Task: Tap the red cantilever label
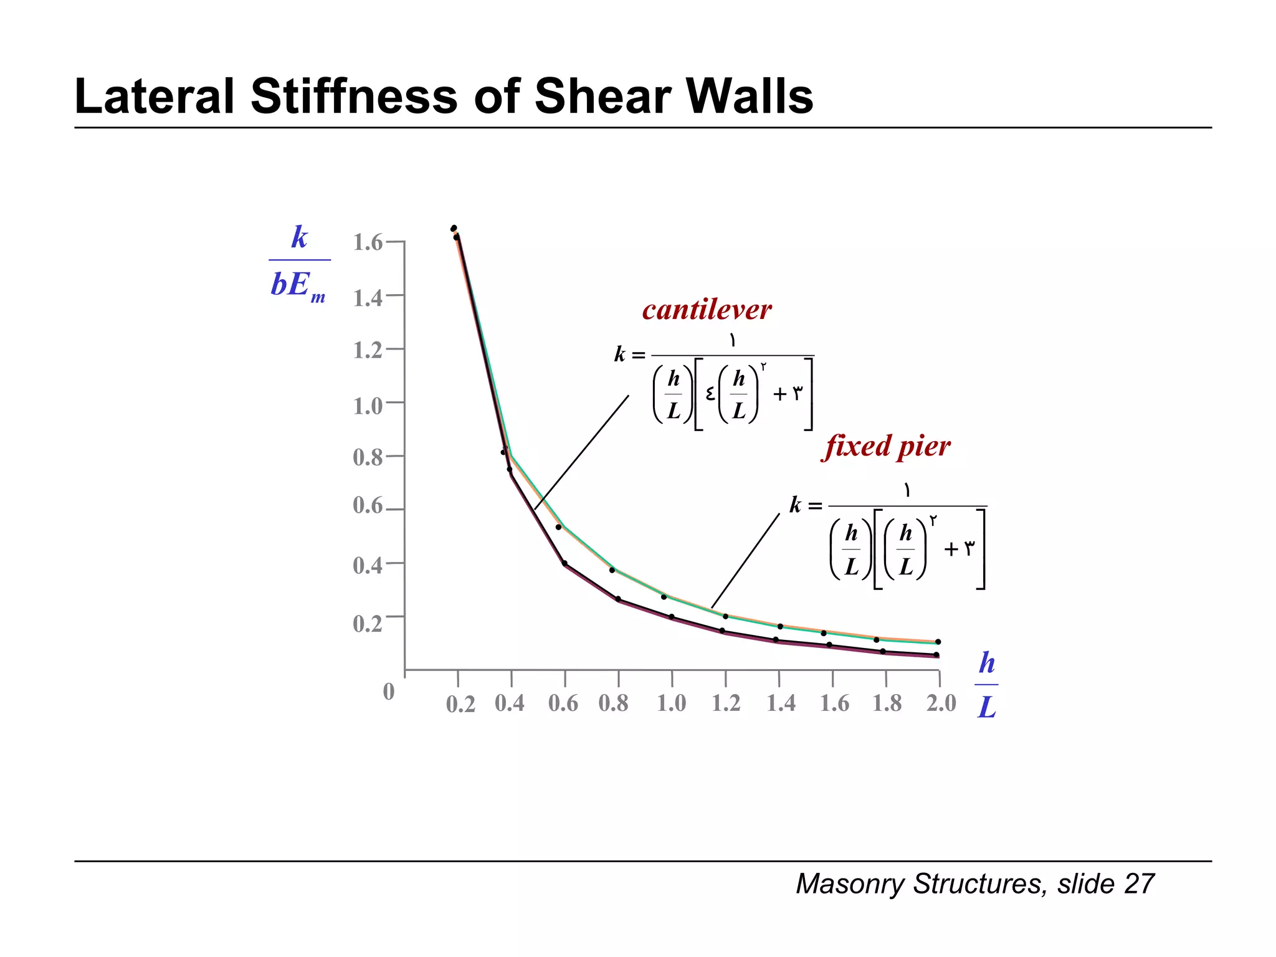point(707,310)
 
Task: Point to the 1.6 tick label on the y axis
point(368,242)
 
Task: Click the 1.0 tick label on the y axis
point(368,406)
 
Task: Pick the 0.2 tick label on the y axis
point(368,623)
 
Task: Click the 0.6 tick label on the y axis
point(368,505)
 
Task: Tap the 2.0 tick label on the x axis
point(941,703)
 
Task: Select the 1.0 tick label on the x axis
point(671,703)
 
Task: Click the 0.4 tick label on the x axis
point(510,703)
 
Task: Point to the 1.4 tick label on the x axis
point(781,703)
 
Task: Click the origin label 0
point(389,692)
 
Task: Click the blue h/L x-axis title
point(986,685)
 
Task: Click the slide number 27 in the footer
point(1139,884)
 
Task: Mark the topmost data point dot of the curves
point(454,228)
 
